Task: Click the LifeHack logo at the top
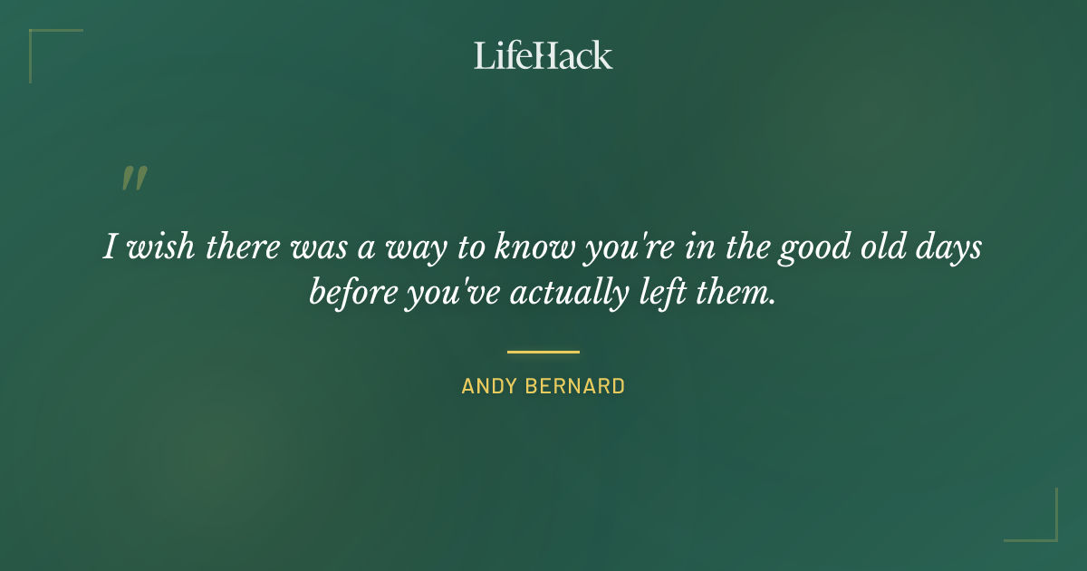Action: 543,55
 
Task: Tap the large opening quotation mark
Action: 133,179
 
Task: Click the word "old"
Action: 882,247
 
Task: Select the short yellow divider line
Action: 543,352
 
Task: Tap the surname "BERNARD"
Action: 581,386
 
